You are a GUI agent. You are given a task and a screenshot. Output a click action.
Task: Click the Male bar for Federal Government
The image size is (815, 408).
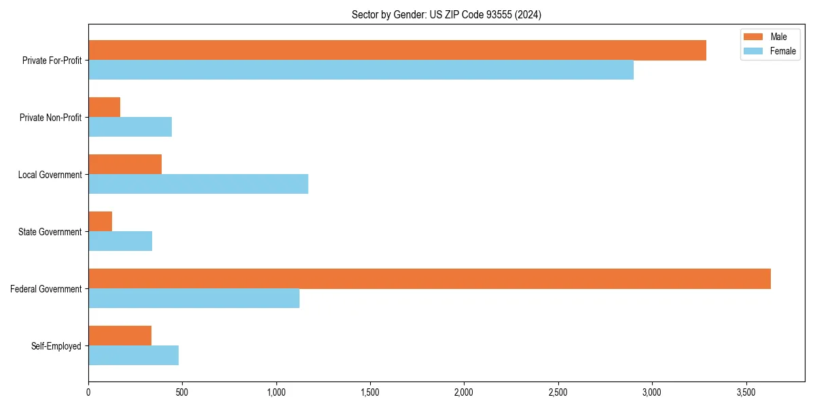pos(429,279)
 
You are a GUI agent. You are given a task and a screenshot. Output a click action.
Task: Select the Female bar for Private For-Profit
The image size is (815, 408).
pos(361,70)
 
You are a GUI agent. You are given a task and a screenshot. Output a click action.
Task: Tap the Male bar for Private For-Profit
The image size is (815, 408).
pos(397,50)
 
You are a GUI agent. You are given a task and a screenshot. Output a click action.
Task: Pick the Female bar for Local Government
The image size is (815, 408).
pos(198,184)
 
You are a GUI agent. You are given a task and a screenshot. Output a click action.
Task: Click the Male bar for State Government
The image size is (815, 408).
pos(101,222)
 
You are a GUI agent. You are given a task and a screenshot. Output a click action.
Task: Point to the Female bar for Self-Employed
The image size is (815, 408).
pos(133,356)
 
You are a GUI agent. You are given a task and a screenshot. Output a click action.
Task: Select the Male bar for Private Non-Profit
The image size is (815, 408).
pos(105,107)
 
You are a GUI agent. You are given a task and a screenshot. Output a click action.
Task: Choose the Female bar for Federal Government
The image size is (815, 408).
pos(194,299)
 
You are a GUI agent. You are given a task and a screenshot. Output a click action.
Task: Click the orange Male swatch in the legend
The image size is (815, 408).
pos(753,37)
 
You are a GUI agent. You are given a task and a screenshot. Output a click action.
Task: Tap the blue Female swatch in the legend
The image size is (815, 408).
pos(753,51)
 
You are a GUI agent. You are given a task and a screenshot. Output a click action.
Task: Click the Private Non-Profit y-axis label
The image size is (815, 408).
pos(50,118)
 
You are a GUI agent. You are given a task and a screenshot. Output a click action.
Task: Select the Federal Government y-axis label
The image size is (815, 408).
pos(46,289)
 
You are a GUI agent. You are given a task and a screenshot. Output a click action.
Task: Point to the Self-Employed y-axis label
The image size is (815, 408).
pos(56,346)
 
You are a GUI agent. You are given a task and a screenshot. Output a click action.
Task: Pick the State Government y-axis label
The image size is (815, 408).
pos(50,232)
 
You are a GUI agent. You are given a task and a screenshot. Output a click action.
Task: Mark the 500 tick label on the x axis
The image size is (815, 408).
pos(182,393)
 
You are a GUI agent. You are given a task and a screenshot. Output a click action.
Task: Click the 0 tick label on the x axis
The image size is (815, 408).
pos(88,393)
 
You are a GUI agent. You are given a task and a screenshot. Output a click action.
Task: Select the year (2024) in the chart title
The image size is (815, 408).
pos(528,14)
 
